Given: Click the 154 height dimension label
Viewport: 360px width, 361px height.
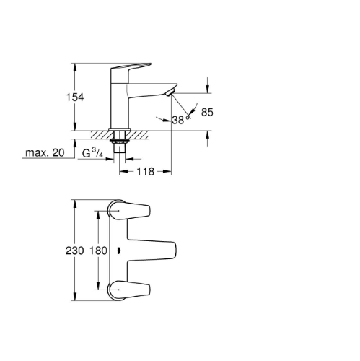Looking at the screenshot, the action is [x=75, y=97].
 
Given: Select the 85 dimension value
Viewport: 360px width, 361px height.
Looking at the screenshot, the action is [x=207, y=113].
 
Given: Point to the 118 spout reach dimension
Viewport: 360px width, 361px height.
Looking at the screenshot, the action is [x=145, y=172].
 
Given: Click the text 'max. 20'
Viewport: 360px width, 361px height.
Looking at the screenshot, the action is [x=45, y=152].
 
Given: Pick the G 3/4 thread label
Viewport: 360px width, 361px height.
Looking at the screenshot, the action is [x=92, y=153].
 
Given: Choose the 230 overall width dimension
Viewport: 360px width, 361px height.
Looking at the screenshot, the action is [x=75, y=251].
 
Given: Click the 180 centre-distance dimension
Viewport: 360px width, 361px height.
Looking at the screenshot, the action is [x=98, y=251].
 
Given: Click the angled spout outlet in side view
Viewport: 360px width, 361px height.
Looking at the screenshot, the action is [x=170, y=92].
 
